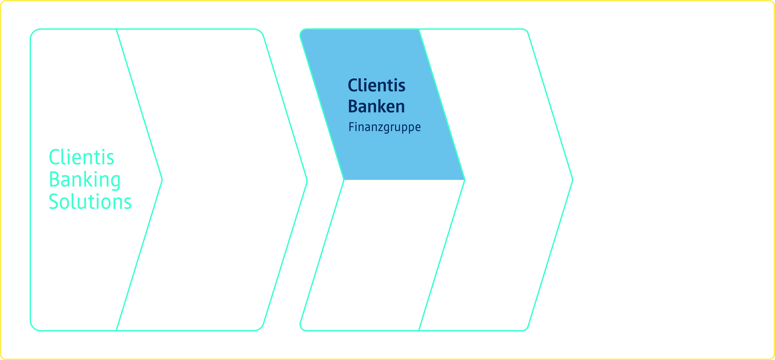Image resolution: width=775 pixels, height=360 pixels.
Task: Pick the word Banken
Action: [x=376, y=106]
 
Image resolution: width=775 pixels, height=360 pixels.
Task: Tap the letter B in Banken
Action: [x=353, y=106]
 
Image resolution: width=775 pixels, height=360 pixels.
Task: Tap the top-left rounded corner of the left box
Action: [x=34, y=32]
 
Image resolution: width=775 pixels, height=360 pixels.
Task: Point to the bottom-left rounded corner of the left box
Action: [x=34, y=327]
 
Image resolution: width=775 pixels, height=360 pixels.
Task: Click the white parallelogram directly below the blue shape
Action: [x=382, y=256]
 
